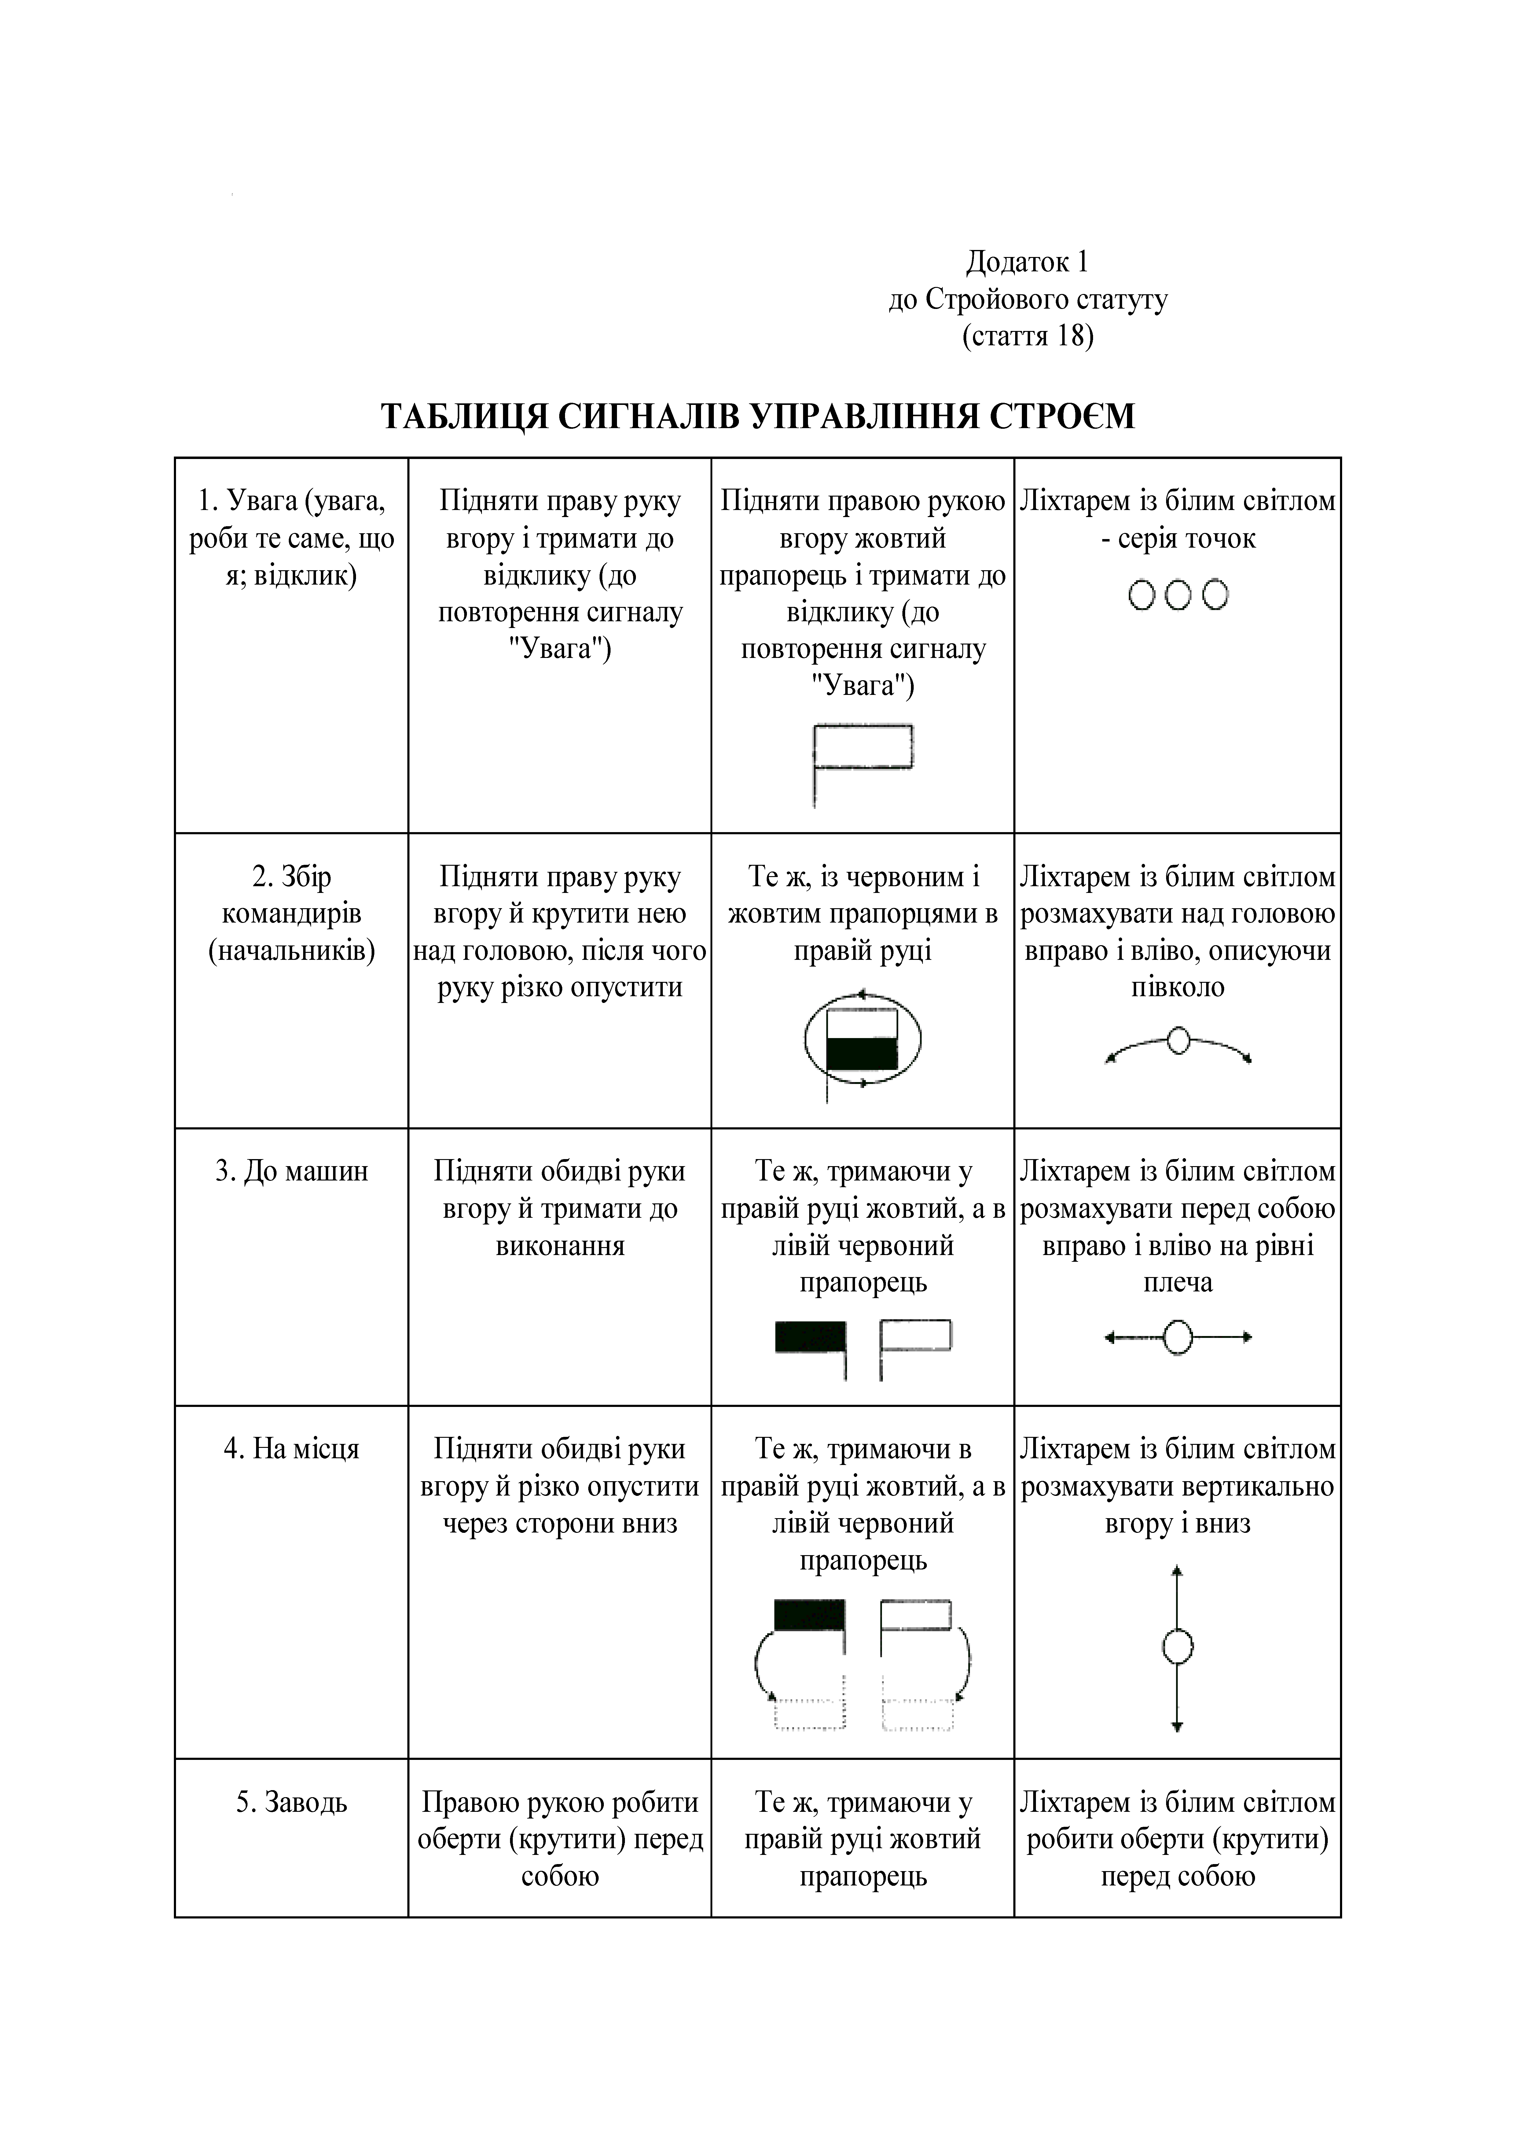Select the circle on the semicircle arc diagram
(x=1179, y=1040)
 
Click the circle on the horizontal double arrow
(x=1179, y=1337)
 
